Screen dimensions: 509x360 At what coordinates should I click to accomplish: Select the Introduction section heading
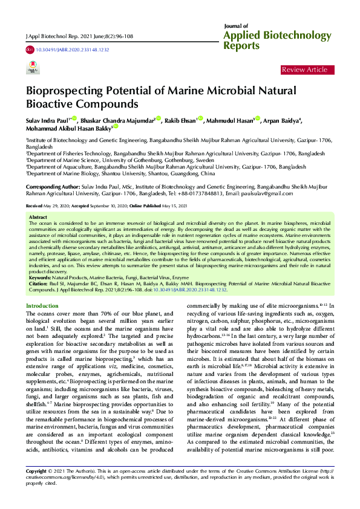pyautogui.click(x=42, y=306)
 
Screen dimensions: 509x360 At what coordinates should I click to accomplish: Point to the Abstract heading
pyautogui.click(x=38, y=216)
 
